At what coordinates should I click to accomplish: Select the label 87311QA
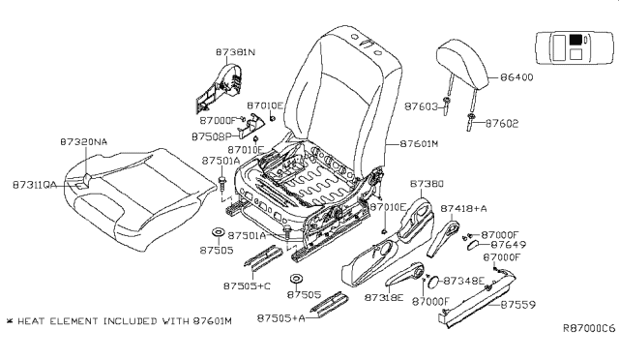coord(37,181)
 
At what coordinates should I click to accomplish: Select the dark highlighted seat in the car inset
coord(577,41)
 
